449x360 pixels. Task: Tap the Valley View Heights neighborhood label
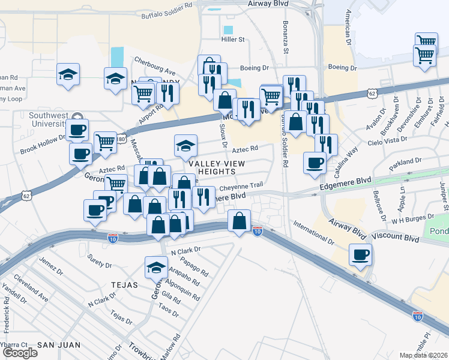pos(212,167)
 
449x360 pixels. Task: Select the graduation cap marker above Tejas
pos(156,267)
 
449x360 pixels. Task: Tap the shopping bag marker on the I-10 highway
pos(239,221)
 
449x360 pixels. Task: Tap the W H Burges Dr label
pos(412,218)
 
